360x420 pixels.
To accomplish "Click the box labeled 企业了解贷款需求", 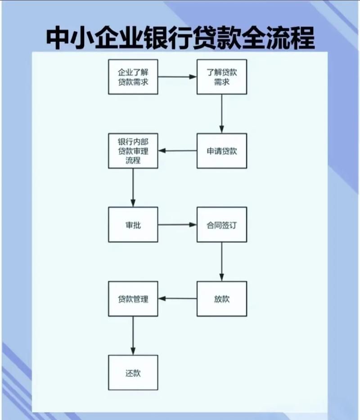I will point(133,76).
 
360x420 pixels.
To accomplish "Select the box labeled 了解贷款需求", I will point(222,76).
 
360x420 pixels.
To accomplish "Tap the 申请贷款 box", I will point(222,151).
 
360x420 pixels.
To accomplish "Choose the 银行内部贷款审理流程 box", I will point(133,151).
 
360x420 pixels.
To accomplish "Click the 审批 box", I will point(133,224).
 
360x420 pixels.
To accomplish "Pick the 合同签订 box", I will point(222,224).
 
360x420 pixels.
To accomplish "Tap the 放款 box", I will point(222,299).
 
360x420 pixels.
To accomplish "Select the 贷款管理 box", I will point(133,299).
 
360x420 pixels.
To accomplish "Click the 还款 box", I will point(133,373).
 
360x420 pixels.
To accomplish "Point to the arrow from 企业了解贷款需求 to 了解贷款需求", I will point(177,77).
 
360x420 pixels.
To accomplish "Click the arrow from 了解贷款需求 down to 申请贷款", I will point(222,113).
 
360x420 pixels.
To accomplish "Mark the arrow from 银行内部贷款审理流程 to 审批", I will point(133,188).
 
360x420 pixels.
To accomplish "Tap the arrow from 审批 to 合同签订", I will point(177,224).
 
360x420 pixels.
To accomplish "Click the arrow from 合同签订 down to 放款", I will point(221,262).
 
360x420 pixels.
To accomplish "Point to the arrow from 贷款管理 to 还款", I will point(133,335).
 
